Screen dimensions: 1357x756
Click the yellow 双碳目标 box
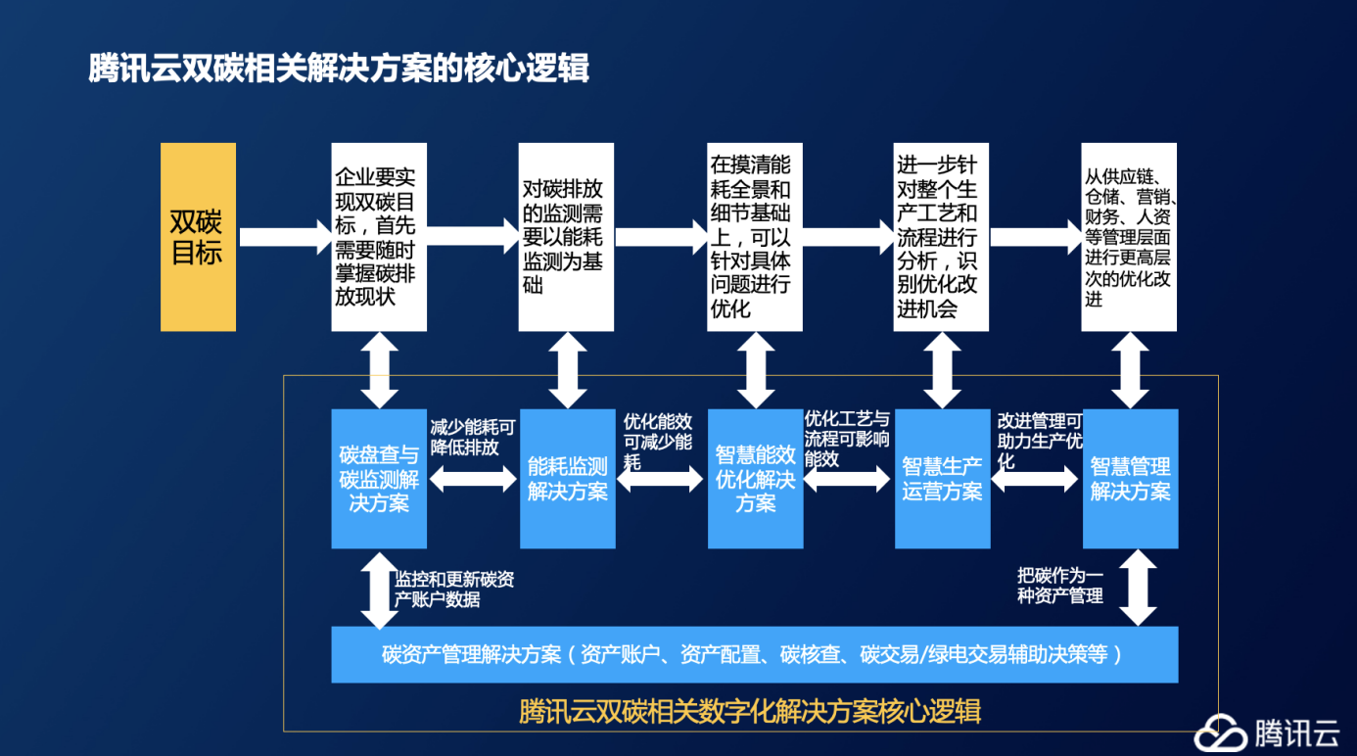coord(198,237)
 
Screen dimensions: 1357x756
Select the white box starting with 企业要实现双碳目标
coord(379,237)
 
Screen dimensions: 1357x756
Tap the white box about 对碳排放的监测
coord(566,237)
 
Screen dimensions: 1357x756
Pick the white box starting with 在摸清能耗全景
coord(754,237)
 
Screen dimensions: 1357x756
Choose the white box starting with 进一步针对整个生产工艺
coord(941,237)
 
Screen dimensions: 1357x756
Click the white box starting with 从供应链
coord(1129,237)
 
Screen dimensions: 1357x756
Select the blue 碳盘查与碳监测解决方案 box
coord(379,479)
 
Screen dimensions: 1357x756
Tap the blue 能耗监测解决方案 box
coord(568,479)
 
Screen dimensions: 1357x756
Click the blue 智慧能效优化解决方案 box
coord(756,479)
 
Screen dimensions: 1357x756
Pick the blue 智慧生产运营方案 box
coord(943,479)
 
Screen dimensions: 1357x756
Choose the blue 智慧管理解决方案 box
coord(1131,479)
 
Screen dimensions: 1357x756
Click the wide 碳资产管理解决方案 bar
coord(755,655)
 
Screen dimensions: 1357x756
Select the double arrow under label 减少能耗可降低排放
coord(473,479)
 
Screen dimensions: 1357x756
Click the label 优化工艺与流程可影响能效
coord(846,439)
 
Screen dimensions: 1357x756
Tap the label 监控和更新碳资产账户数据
coord(454,590)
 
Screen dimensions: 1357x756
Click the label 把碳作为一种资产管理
coord(1060,586)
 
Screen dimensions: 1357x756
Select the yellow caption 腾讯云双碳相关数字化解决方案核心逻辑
coord(750,711)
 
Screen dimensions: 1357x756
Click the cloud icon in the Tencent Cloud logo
coord(1220,732)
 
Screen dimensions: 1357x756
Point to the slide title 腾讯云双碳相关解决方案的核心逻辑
coord(339,68)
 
